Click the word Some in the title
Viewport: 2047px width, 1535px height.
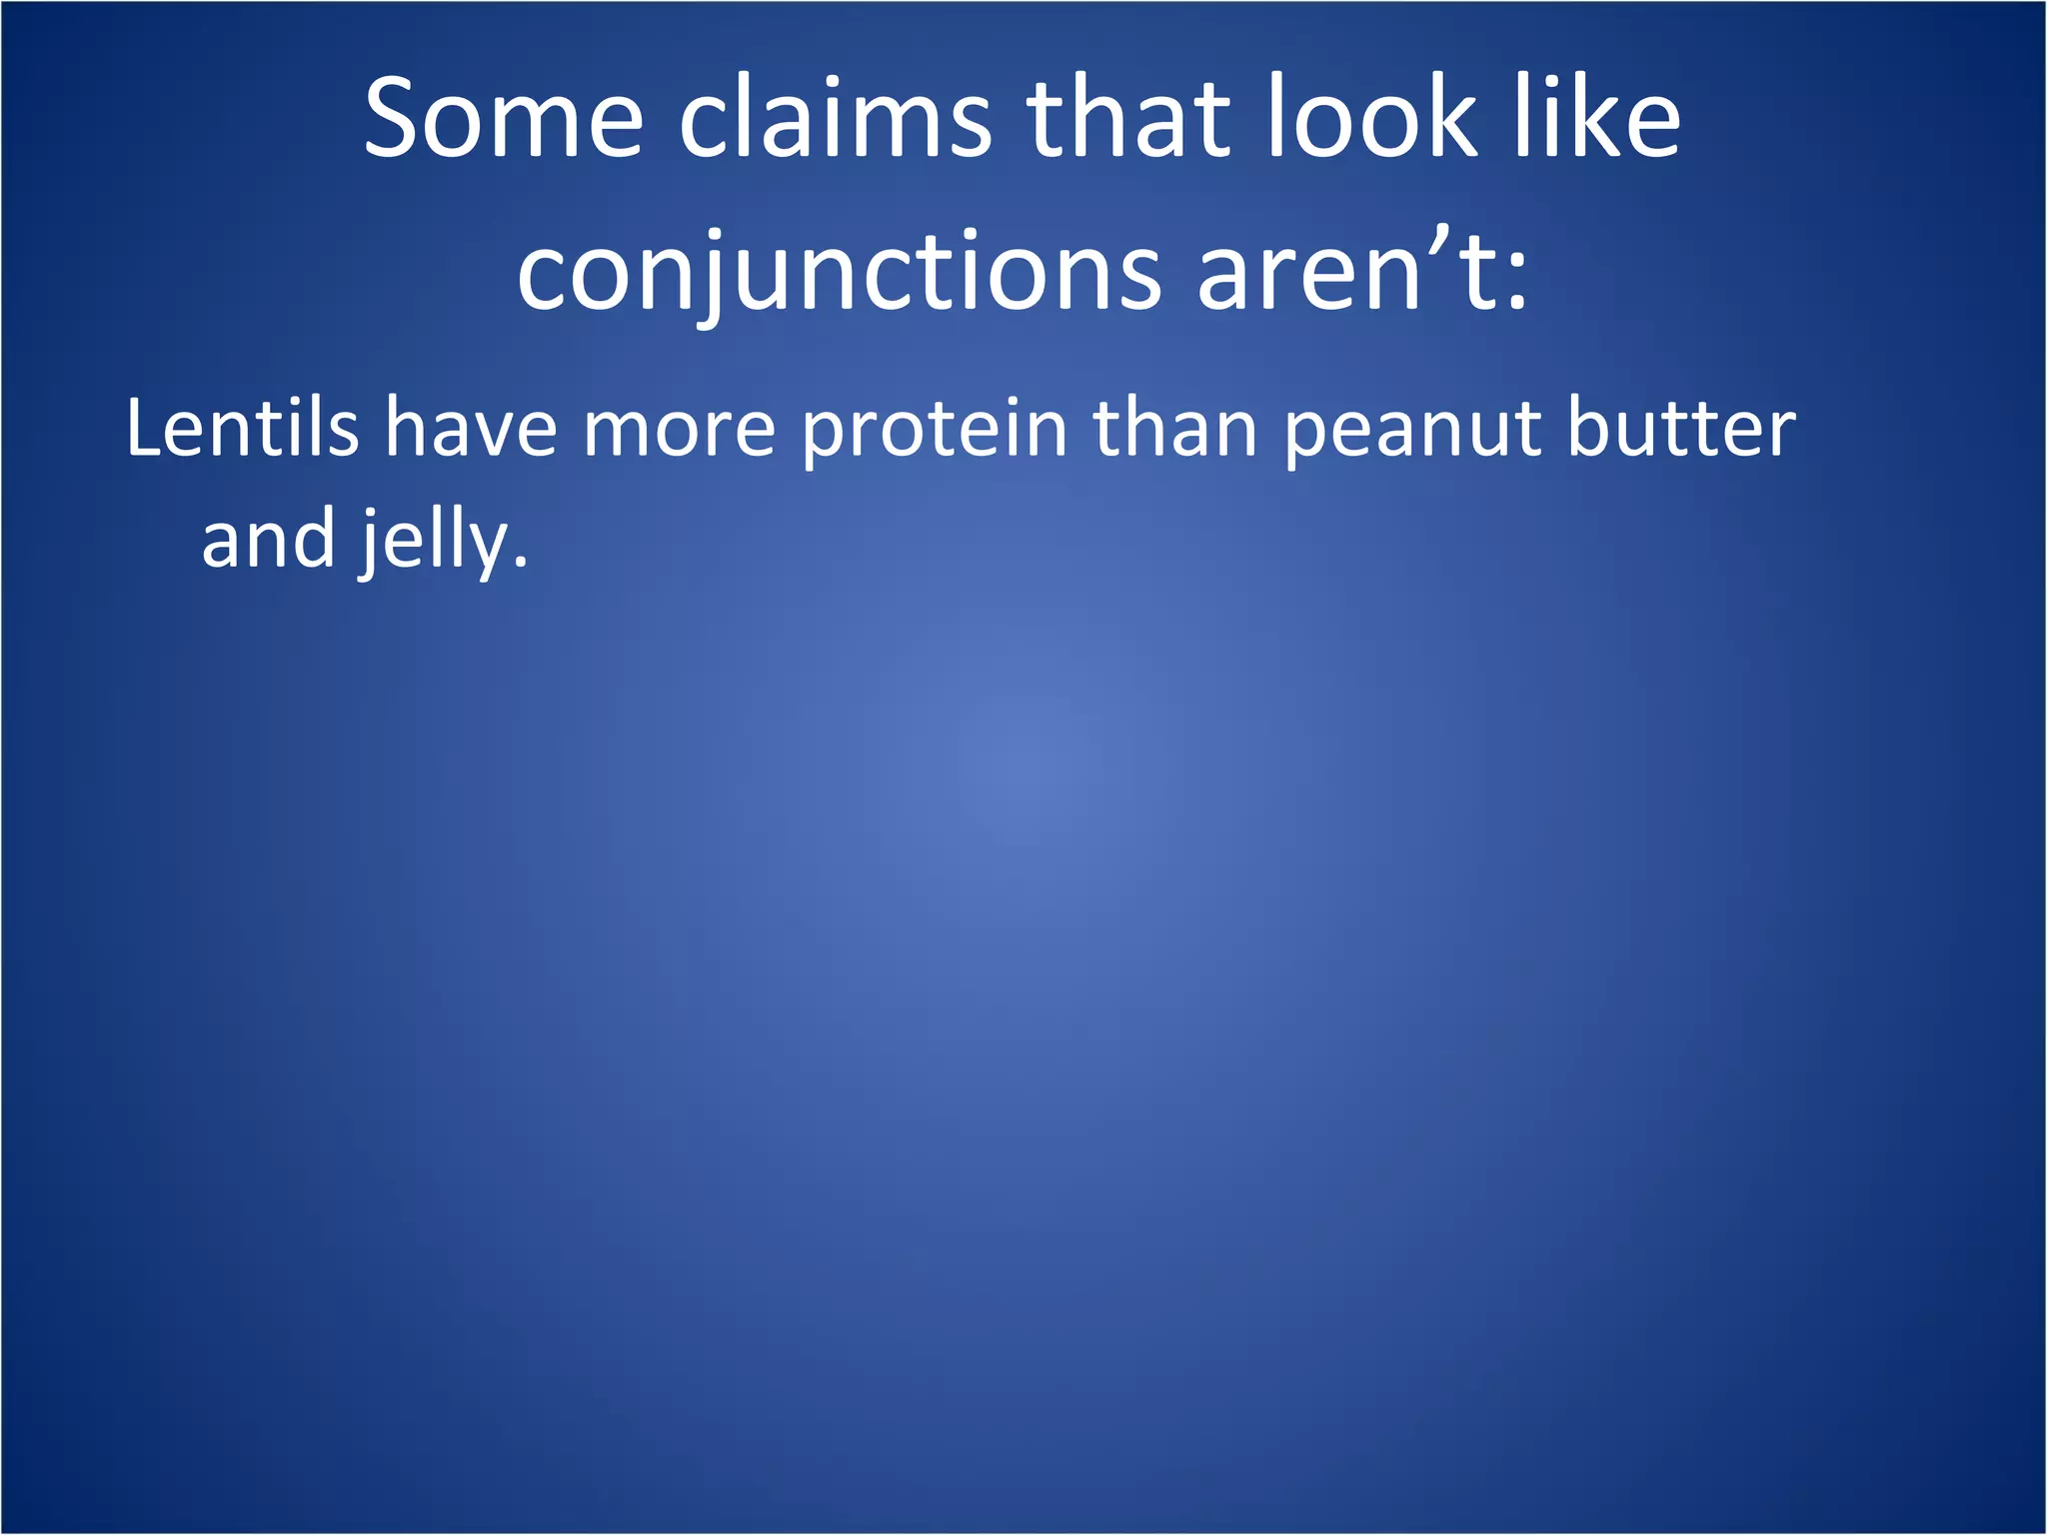[x=503, y=119]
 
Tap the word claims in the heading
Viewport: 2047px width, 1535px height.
[x=836, y=119]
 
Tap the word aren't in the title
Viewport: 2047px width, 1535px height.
[x=1344, y=270]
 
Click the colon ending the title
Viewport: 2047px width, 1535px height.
[x=1517, y=285]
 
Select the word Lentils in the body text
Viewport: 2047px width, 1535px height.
[x=242, y=428]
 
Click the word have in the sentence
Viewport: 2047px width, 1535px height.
[x=471, y=428]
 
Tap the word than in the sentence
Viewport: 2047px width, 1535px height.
[x=1175, y=428]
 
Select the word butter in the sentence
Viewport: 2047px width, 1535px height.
[x=1681, y=428]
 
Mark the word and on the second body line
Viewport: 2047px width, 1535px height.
[x=268, y=540]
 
